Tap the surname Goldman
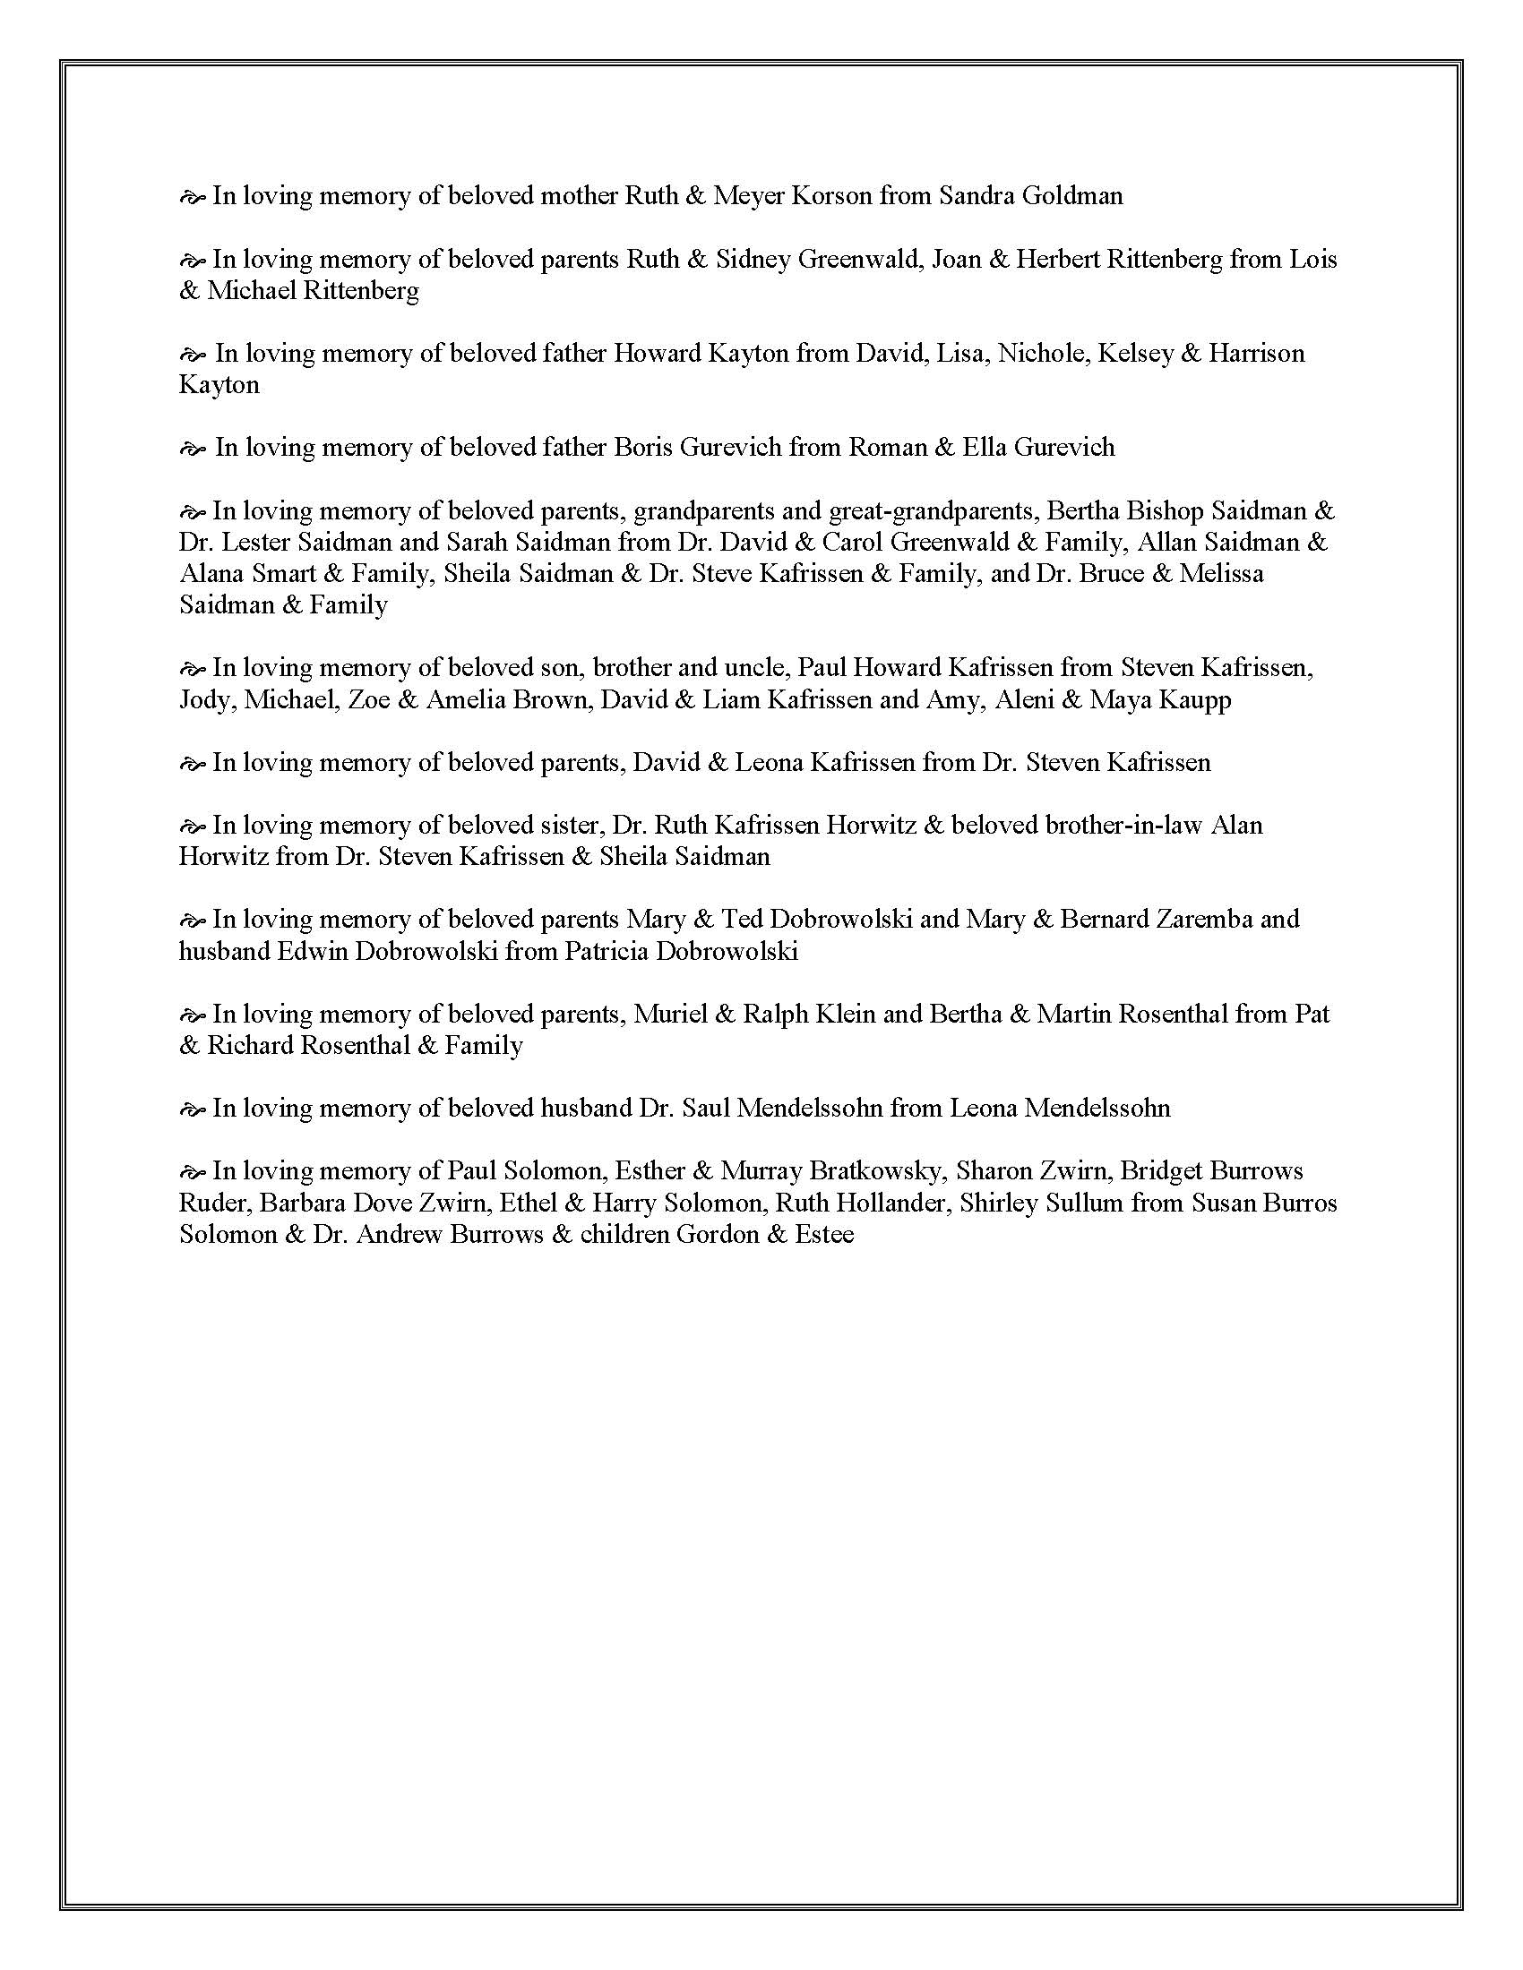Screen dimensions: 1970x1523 1071,196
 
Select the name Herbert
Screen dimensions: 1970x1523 1054,259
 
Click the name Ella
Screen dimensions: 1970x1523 984,448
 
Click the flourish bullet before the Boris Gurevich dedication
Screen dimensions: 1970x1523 194,449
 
